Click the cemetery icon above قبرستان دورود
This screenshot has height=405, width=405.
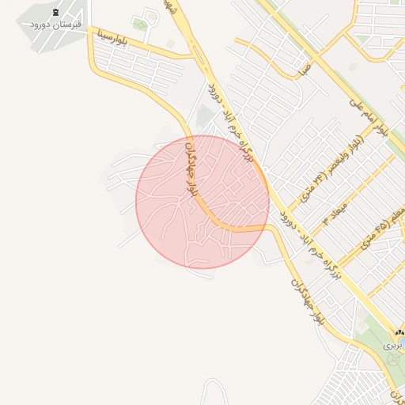(x=55, y=13)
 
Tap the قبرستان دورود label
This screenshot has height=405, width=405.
(x=51, y=25)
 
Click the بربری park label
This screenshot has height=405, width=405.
(x=393, y=346)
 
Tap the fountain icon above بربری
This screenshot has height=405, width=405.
(x=399, y=333)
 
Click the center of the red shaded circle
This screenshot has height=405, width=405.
(x=202, y=202)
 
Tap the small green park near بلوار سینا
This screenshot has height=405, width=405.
(x=140, y=25)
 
